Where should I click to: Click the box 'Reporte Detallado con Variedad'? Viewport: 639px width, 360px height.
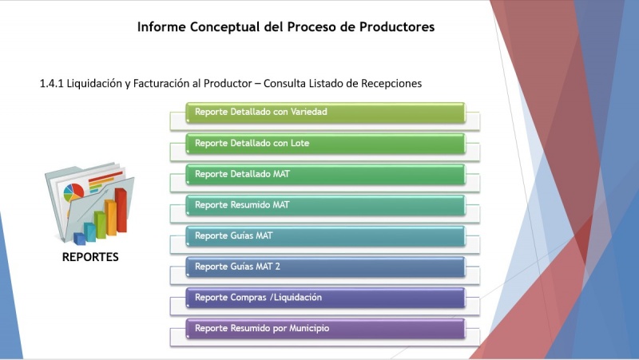point(325,112)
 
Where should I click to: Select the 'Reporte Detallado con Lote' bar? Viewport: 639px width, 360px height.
point(325,143)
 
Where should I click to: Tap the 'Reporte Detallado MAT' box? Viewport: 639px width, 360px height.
point(325,174)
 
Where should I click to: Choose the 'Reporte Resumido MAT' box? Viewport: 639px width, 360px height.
point(325,205)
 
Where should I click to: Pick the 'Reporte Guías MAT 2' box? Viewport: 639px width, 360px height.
point(325,267)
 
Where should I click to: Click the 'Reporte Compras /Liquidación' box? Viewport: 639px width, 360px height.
point(325,298)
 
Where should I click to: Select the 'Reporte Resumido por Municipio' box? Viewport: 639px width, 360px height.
point(325,328)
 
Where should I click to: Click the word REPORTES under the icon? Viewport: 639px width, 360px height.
point(90,258)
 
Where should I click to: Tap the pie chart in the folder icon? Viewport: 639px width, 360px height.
point(74,192)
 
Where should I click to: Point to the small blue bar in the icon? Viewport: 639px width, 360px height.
point(80,238)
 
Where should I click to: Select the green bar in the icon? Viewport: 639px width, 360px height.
point(101,224)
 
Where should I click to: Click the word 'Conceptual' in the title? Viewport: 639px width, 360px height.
point(224,26)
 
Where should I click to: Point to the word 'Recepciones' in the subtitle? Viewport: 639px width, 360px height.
point(388,83)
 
